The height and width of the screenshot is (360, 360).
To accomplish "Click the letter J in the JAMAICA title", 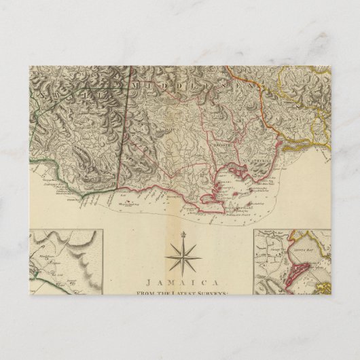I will pos(147,278).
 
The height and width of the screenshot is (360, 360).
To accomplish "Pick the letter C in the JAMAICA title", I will pos(203,278).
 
